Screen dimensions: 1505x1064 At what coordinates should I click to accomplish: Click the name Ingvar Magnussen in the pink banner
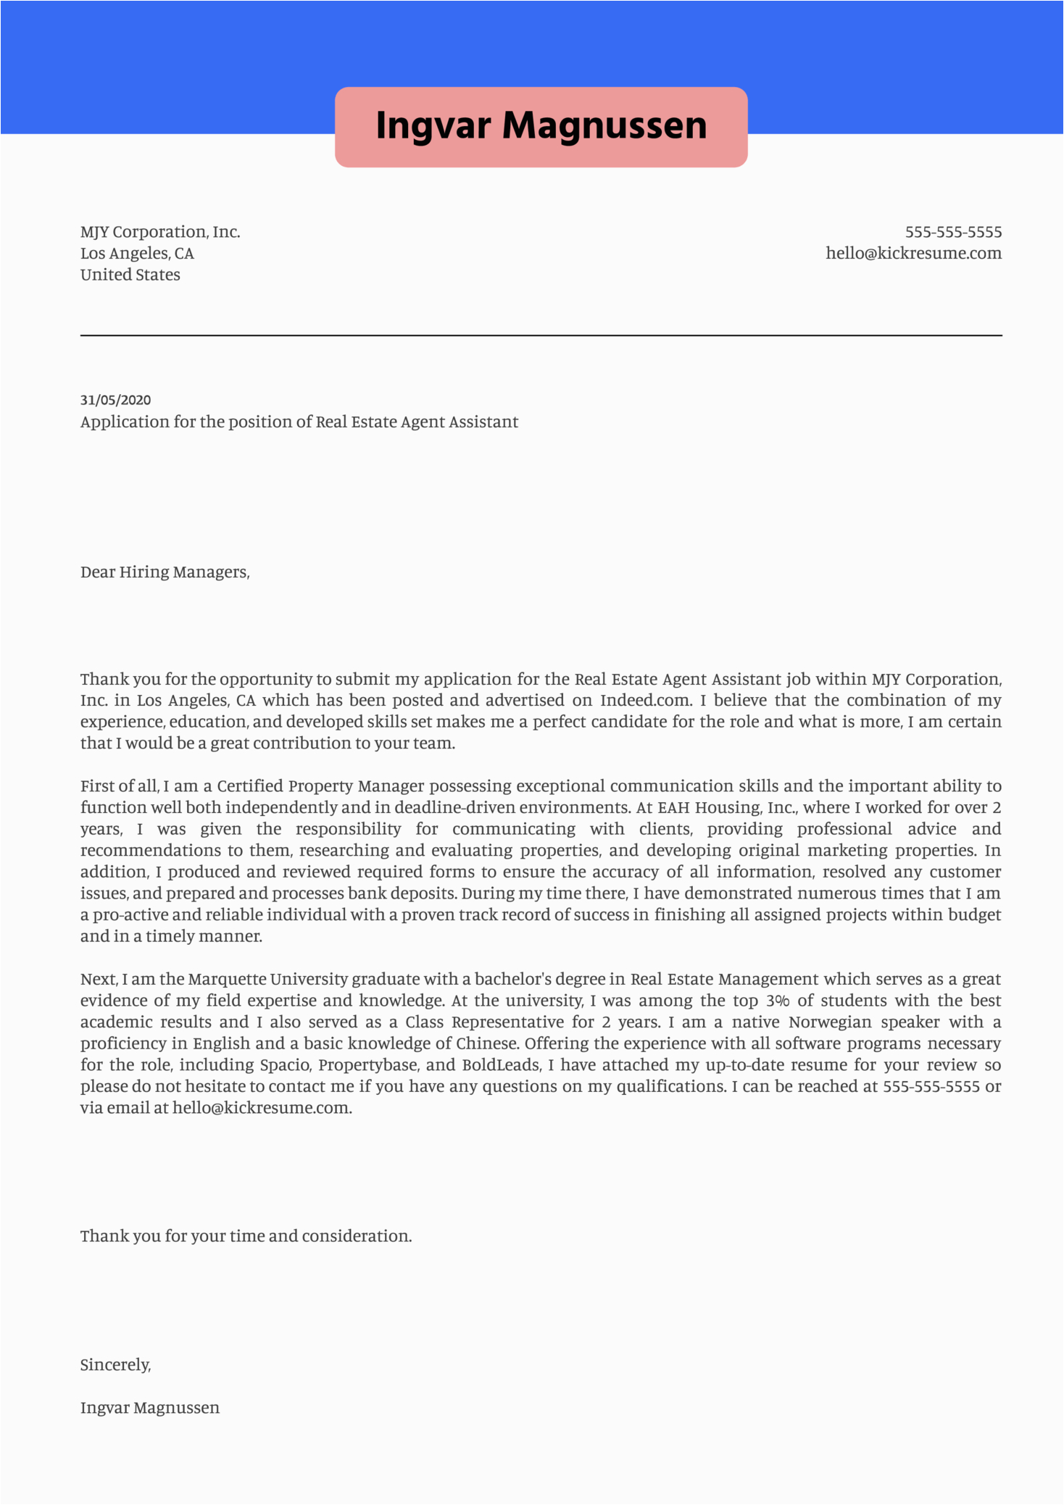[x=541, y=125]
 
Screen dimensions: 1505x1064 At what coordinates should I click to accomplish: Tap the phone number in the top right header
[x=953, y=232]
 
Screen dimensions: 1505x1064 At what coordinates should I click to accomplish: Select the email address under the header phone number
[x=913, y=254]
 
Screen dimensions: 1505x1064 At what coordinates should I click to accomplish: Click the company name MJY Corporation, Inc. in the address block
[x=160, y=232]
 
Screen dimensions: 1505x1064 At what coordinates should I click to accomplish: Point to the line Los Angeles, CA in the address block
[x=137, y=254]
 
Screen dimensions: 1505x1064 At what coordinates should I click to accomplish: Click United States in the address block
[x=130, y=275]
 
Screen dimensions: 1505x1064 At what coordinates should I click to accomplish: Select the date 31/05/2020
[x=116, y=400]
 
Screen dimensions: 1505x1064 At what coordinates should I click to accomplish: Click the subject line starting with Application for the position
[x=299, y=422]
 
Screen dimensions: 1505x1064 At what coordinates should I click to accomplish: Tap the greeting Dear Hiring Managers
[x=165, y=572]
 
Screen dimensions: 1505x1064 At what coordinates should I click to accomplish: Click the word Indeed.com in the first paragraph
[x=645, y=701]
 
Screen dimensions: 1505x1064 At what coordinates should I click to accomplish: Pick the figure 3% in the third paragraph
[x=777, y=1001]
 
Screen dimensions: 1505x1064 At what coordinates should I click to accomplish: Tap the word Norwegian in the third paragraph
[x=830, y=1022]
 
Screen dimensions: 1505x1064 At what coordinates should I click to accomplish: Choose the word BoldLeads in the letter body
[x=500, y=1065]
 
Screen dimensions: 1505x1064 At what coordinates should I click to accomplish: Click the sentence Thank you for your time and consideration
[x=246, y=1236]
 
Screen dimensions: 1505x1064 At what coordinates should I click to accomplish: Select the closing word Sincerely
[x=115, y=1365]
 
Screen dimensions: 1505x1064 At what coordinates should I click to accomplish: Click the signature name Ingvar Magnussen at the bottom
[x=150, y=1408]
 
